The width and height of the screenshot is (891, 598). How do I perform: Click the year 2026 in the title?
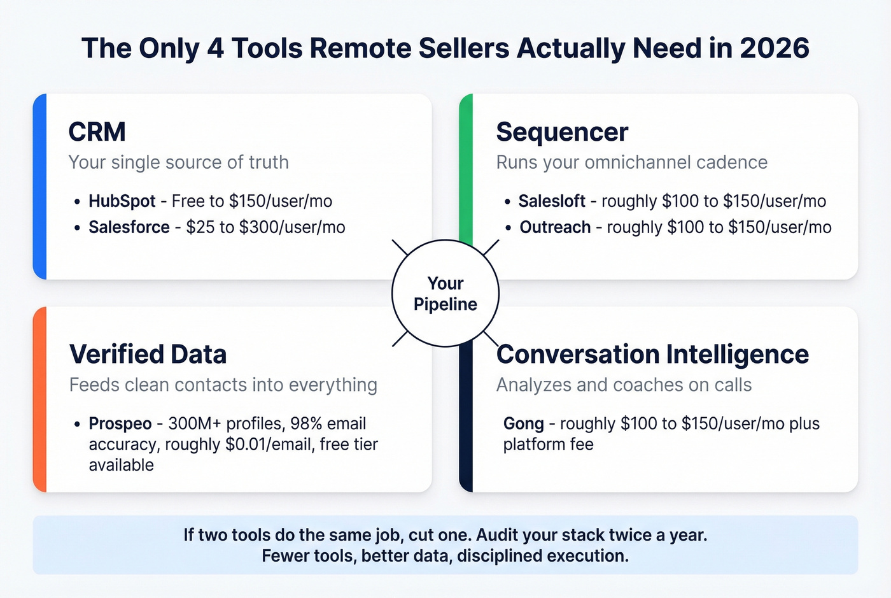pyautogui.click(x=775, y=49)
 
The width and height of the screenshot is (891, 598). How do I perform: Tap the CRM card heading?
pyautogui.click(x=97, y=132)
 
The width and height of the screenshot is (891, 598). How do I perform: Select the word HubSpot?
pyautogui.click(x=122, y=201)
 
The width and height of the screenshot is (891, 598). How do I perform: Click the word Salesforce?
pyautogui.click(x=129, y=227)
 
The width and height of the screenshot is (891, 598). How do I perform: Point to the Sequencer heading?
pyautogui.click(x=562, y=132)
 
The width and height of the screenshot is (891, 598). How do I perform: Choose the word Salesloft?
pyautogui.click(x=551, y=201)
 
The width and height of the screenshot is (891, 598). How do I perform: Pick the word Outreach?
pyautogui.click(x=555, y=227)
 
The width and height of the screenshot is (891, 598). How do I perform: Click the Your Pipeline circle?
pyautogui.click(x=445, y=294)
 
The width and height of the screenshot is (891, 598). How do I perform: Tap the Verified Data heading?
pyautogui.click(x=148, y=354)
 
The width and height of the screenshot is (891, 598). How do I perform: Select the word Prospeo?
pyautogui.click(x=120, y=424)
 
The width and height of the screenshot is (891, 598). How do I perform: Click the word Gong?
pyautogui.click(x=523, y=424)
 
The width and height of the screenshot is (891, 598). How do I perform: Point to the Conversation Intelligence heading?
pyautogui.click(x=652, y=354)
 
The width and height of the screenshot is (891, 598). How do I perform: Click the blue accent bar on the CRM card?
pyautogui.click(x=39, y=187)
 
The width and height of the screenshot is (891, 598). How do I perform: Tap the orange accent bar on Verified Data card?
pyautogui.click(x=39, y=399)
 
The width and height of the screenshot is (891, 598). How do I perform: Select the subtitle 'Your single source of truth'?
pyautogui.click(x=178, y=162)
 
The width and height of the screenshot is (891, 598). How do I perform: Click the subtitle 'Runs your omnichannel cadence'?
pyautogui.click(x=631, y=162)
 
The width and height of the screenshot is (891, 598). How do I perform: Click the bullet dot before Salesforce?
pyautogui.click(x=76, y=228)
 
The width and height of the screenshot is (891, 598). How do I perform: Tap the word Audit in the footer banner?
pyautogui.click(x=498, y=535)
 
